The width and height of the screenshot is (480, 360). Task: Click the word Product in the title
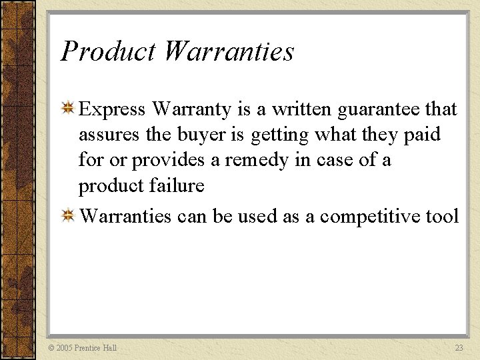tap(107, 51)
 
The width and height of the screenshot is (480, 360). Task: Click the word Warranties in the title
tap(228, 51)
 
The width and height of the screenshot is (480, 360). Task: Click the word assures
tap(109, 135)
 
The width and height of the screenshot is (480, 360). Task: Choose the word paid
tap(422, 135)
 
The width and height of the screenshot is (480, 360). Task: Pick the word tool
tap(443, 216)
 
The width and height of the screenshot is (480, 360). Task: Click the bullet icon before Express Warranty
tap(68, 107)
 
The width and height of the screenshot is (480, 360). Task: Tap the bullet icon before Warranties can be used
tap(68, 215)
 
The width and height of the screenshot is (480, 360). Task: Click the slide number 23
tap(459, 348)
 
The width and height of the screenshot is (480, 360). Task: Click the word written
tap(300, 109)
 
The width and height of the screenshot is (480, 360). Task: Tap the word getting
tap(282, 135)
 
